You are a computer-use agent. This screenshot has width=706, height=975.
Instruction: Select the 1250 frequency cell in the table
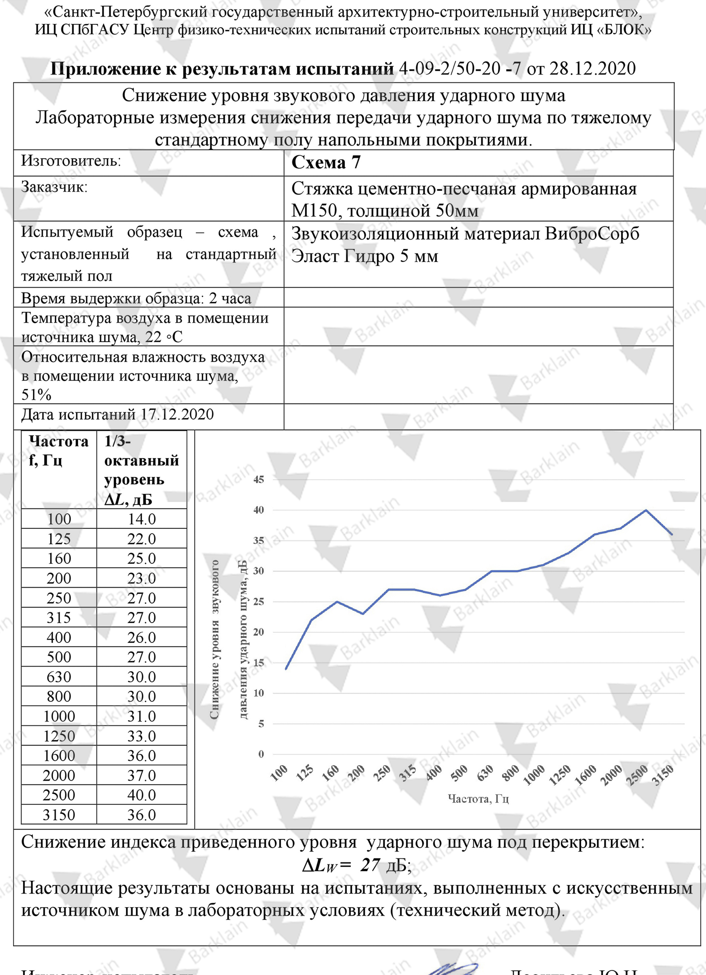[59, 736]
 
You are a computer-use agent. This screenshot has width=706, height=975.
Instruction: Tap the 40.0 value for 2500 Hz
[142, 795]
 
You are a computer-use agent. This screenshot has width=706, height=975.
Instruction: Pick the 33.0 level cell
[142, 736]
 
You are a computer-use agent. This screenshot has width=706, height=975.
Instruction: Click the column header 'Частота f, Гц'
[58, 450]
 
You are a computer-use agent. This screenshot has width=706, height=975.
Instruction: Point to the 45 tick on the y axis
[258, 479]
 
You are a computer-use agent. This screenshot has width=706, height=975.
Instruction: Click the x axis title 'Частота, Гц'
[478, 799]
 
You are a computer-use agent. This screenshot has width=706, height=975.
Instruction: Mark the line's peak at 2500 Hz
[646, 510]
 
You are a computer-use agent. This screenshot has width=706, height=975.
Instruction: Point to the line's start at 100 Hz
[286, 669]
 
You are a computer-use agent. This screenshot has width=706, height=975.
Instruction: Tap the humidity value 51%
[37, 395]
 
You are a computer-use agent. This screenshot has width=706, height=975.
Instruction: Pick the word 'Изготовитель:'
[71, 161]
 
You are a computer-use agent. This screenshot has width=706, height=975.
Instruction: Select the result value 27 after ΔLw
[370, 865]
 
